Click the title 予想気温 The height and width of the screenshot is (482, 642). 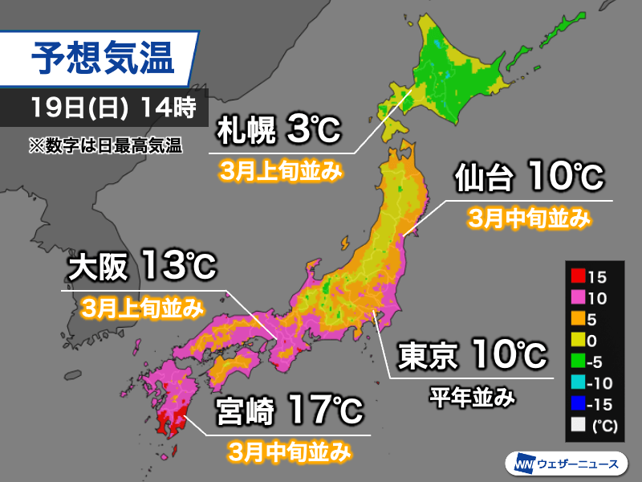coord(101,59)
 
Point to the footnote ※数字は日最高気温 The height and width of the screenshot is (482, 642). coord(104,145)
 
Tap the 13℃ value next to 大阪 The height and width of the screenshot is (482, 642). coord(178,268)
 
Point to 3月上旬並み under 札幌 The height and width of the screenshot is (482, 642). coord(282,170)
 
